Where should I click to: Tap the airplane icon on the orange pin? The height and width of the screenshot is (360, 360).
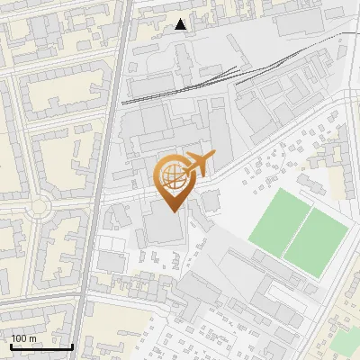pos(199,164)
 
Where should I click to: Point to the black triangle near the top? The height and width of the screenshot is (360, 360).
pos(182,24)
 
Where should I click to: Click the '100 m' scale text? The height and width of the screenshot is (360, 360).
pos(24,338)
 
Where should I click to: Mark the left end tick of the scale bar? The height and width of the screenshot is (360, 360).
pos(11,346)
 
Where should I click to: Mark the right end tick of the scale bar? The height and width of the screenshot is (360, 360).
pos(72,346)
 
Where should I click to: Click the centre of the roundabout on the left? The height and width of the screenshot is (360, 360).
pos(38,209)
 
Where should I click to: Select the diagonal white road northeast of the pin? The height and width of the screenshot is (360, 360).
pos(270,148)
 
